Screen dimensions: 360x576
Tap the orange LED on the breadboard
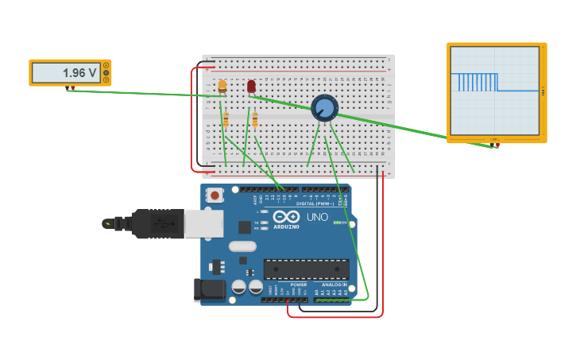222,86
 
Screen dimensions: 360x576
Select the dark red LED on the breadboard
251,86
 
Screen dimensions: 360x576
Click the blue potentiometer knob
324,107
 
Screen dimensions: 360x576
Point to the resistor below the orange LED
226,119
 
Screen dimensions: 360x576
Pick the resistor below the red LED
255,119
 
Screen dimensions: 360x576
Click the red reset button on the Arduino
215,194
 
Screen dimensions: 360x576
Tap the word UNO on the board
317,217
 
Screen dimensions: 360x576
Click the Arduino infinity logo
286,216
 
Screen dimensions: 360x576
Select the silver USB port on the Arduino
203,223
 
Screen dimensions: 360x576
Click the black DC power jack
209,290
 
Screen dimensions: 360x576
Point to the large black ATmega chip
306,269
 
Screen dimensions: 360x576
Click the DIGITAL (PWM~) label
315,203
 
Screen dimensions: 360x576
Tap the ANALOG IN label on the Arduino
334,285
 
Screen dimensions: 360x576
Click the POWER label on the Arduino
298,285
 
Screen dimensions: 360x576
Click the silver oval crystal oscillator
242,246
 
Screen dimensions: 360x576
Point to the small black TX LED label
257,222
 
